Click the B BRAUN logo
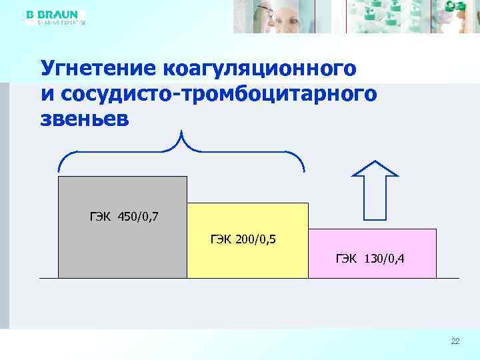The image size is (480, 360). [52, 14]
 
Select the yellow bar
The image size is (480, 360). [247, 257]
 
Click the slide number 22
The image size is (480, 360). [455, 341]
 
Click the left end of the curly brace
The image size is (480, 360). [60, 169]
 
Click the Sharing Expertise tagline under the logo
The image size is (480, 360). [61, 22]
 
